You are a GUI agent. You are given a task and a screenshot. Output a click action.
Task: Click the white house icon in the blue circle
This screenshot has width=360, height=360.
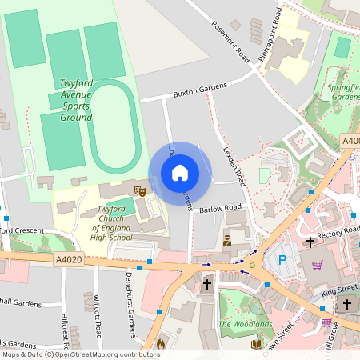[x=180, y=173]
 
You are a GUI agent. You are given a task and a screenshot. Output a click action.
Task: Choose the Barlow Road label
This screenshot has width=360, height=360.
[x=220, y=209]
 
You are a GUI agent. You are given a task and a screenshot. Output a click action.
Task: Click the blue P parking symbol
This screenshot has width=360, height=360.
[x=282, y=259]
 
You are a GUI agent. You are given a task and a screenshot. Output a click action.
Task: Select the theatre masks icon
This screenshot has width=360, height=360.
[x=139, y=190]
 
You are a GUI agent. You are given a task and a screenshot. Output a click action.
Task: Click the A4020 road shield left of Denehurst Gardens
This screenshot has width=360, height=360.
[x=69, y=259]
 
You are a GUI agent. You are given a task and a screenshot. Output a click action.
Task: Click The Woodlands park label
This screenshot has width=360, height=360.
[x=246, y=325]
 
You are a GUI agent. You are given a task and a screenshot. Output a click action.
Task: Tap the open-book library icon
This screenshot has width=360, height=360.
[x=257, y=344]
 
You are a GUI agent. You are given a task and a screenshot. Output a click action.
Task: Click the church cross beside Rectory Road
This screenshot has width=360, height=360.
[x=310, y=241]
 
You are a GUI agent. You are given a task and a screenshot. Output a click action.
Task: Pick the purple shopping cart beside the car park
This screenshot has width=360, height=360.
[x=318, y=265]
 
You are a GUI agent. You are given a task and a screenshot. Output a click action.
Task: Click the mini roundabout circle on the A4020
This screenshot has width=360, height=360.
[x=252, y=265]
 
